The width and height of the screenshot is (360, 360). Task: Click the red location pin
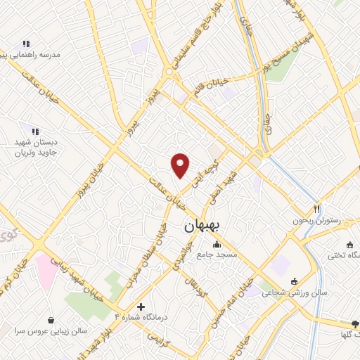pyautogui.click(x=181, y=165)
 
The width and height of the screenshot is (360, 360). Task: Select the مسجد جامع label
pyautogui.click(x=218, y=253)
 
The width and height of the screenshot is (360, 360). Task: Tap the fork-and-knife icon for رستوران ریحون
pyautogui.click(x=317, y=209)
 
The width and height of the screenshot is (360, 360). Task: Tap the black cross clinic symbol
pyautogui.click(x=141, y=307)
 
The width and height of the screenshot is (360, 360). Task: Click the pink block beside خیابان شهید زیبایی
pyautogui.click(x=47, y=270)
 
